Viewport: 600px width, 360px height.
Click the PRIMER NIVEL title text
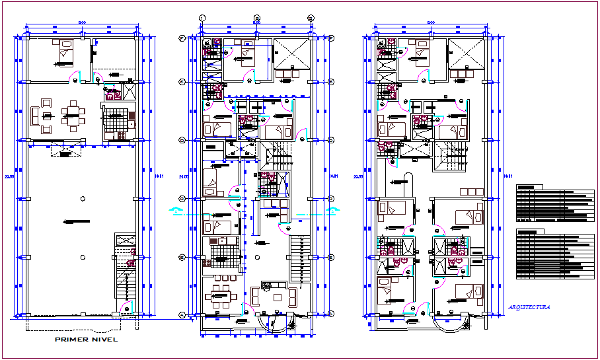86,340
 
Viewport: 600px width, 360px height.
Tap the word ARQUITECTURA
529,307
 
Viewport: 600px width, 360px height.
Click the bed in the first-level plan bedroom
65,52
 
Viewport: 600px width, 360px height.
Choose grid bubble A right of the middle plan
331,315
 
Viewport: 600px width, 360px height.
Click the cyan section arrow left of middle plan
176,211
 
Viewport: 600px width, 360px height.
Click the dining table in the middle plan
221,297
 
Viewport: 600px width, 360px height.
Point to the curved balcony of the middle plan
276,323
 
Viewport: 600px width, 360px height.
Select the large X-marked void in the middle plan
291,54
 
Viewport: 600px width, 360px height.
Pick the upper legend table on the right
552,205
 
